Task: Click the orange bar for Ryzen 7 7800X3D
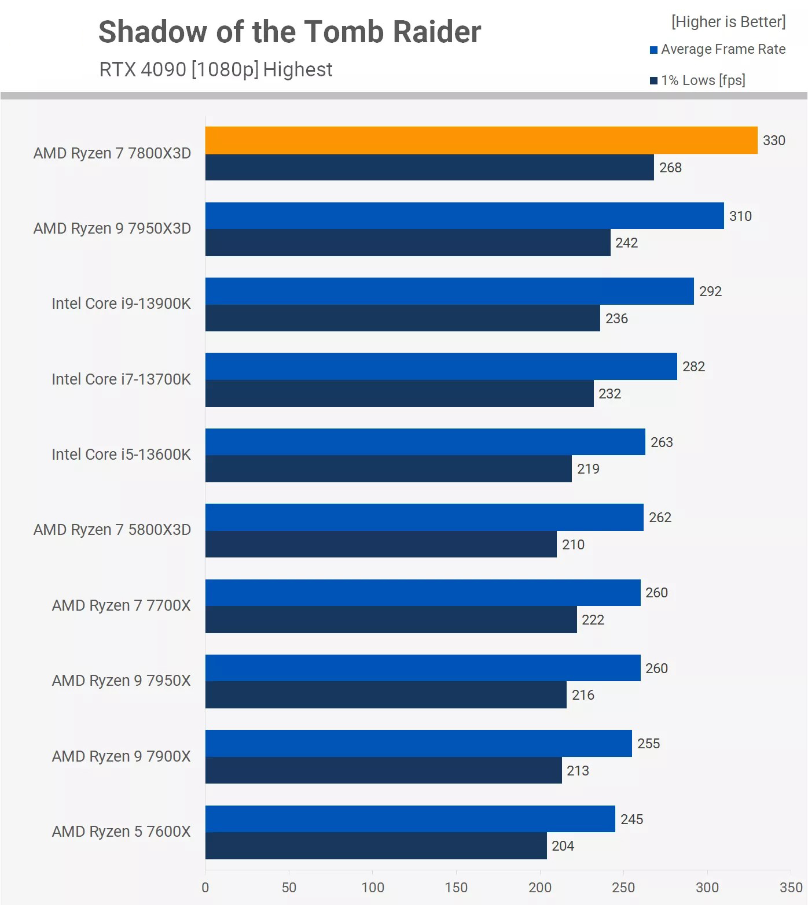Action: coord(481,140)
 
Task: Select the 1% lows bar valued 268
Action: coord(429,167)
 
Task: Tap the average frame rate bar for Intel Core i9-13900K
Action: coord(449,291)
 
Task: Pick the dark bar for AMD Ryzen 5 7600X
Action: coord(376,845)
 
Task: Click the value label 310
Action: coord(740,216)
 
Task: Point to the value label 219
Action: coord(588,469)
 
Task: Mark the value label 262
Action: coord(660,518)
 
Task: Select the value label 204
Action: coord(563,846)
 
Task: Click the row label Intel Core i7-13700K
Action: coord(121,379)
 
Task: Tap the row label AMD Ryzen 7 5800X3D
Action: coord(112,530)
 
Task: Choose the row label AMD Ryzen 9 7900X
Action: coord(121,756)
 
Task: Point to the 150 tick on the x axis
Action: coord(456,888)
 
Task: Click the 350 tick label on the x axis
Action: coord(791,888)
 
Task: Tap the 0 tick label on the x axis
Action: coord(205,888)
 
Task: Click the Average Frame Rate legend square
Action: coord(653,50)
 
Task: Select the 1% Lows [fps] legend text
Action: coord(703,80)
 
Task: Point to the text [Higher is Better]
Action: coord(728,22)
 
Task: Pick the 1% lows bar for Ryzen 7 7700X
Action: coord(391,619)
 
